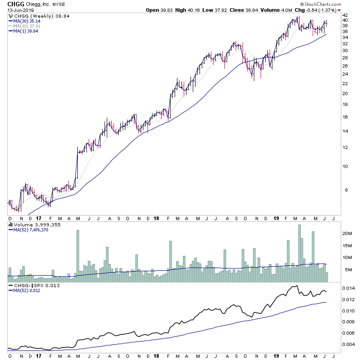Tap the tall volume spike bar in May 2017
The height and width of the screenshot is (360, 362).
(x=78, y=254)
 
